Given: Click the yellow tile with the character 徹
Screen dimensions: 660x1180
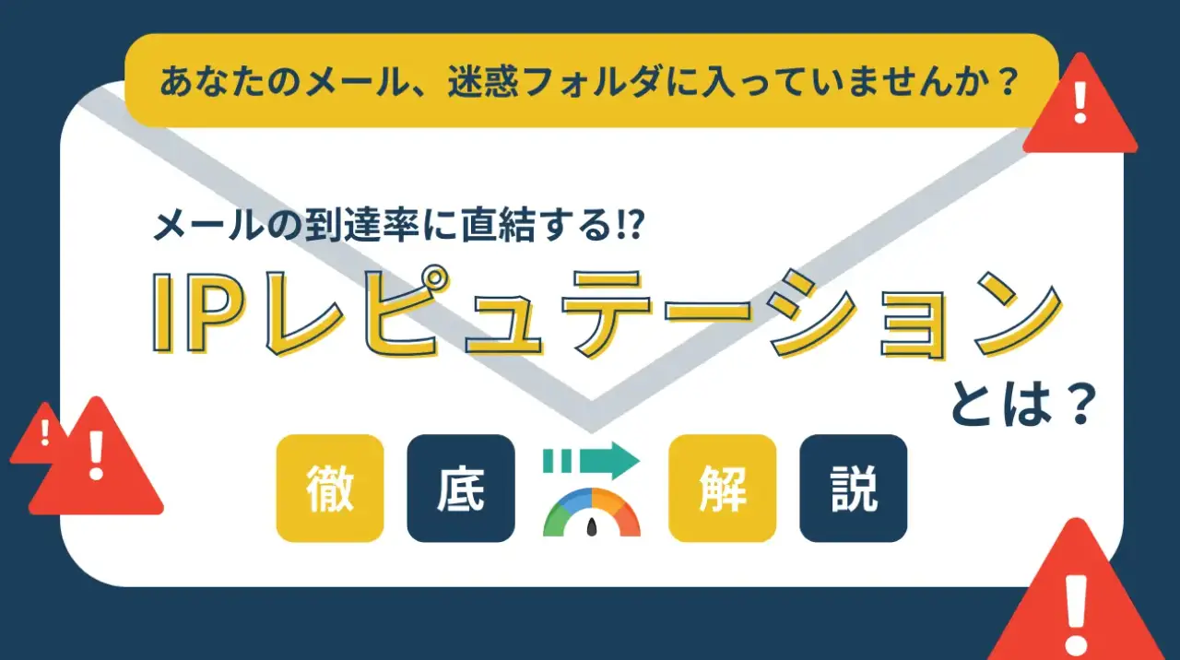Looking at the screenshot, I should (x=329, y=488).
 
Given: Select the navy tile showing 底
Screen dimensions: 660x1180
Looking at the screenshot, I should (x=461, y=488).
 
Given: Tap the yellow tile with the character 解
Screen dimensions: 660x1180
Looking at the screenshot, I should (x=722, y=488).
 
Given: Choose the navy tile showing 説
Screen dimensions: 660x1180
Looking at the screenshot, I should (x=853, y=488).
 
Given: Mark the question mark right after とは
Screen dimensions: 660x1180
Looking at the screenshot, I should (x=1081, y=405).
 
